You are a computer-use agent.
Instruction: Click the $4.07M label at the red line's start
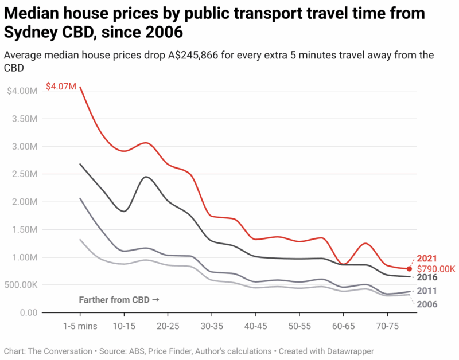pyautogui.click(x=61, y=87)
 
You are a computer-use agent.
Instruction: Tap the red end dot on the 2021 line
pyautogui.click(x=409, y=269)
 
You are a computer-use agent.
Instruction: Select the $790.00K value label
pyautogui.click(x=436, y=269)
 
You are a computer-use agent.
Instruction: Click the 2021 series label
pyautogui.click(x=427, y=258)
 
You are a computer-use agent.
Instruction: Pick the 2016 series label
pyautogui.click(x=427, y=277)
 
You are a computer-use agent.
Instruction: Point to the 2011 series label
pyautogui.click(x=427, y=291)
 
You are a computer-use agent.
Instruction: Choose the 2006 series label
pyautogui.click(x=427, y=304)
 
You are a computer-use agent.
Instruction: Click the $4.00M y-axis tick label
pyautogui.click(x=22, y=91)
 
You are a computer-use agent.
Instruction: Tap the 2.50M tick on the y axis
pyautogui.click(x=25, y=174)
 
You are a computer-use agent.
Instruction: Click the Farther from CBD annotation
pyautogui.click(x=119, y=300)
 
